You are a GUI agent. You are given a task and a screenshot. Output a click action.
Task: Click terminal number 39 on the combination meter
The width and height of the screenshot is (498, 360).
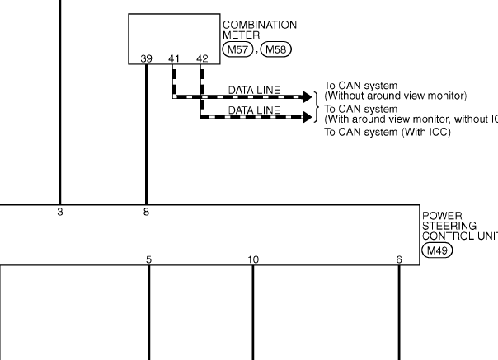tap(146, 58)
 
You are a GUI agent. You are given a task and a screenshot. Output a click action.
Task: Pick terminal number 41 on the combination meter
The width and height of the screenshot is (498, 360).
tap(174, 58)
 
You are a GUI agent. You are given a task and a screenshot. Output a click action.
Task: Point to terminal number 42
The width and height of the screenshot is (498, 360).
tap(202, 58)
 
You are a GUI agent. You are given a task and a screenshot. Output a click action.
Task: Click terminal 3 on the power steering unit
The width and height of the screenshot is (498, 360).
tap(59, 213)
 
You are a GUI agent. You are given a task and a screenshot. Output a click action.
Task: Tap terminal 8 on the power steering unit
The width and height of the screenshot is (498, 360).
tap(147, 213)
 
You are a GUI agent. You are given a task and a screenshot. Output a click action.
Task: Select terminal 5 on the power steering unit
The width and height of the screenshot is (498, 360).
tap(148, 259)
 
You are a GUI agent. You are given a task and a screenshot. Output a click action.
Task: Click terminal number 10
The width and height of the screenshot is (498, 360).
tap(252, 259)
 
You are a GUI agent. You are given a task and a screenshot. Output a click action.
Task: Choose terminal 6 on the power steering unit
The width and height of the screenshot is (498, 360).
tap(399, 259)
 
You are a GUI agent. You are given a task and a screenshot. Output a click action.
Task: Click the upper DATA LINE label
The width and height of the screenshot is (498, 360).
tap(254, 89)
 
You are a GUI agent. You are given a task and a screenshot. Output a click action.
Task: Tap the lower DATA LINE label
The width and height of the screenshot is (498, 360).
tap(254, 109)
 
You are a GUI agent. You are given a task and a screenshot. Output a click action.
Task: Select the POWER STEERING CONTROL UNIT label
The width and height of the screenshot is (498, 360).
tap(458, 225)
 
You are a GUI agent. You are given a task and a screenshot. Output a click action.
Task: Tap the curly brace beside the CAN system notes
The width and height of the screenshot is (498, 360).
tap(317, 102)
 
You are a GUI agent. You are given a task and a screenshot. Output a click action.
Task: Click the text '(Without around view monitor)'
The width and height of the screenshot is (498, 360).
tap(396, 95)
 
